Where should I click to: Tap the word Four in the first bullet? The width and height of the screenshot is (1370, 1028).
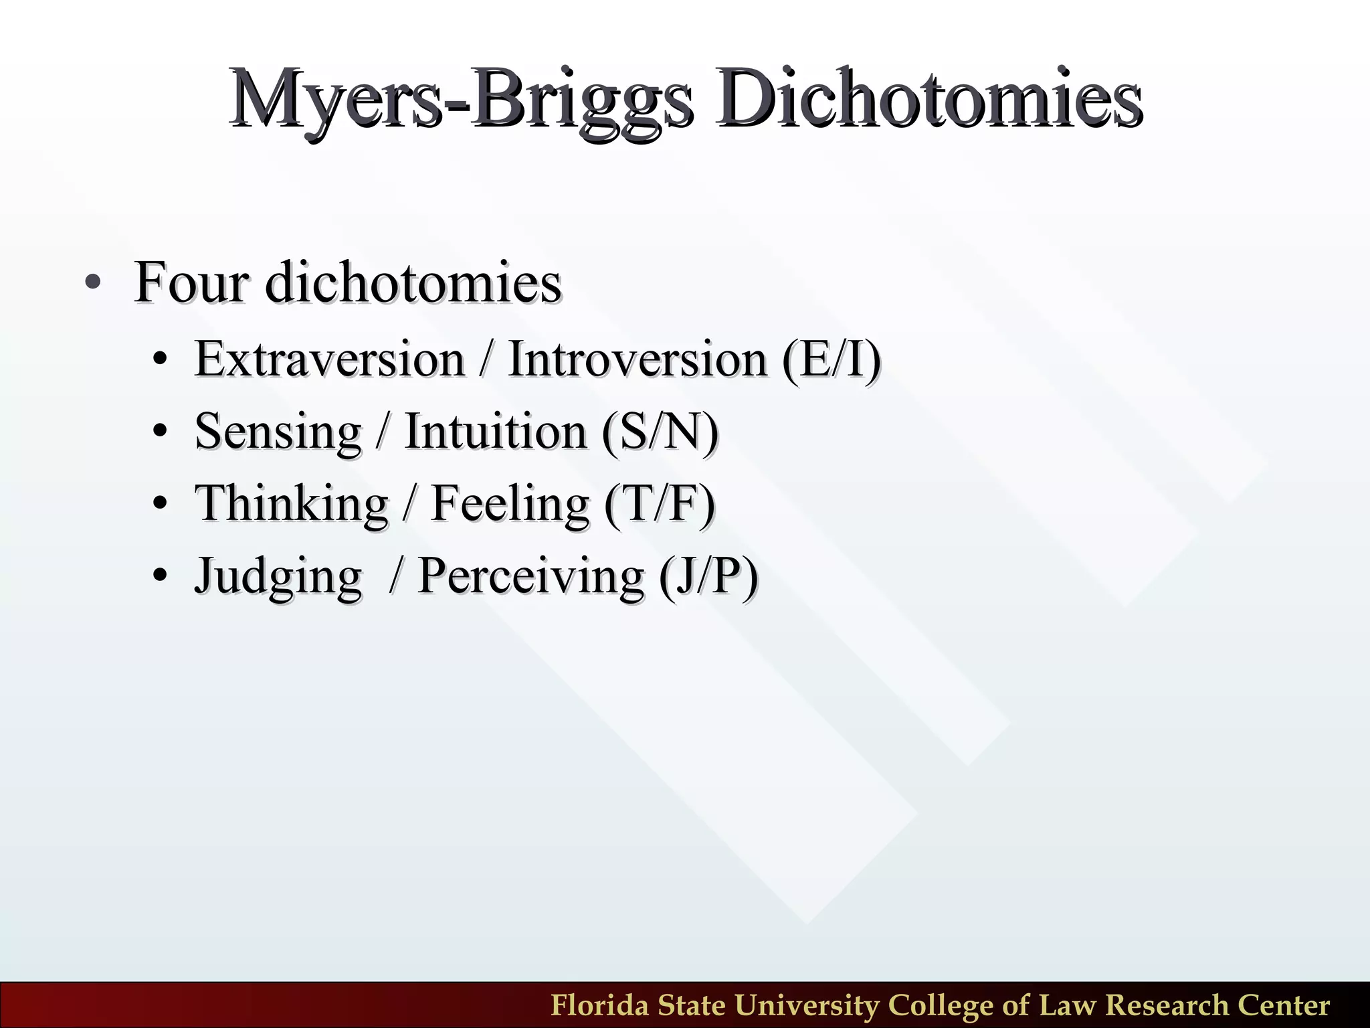tap(191, 283)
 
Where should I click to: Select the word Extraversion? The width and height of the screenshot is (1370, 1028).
tap(329, 360)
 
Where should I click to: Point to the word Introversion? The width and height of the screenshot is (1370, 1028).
tap(638, 360)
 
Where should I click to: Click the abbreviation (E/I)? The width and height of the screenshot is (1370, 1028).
tap(831, 360)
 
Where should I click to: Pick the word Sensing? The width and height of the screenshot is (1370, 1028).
tap(278, 432)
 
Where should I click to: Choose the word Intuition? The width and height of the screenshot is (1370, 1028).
tap(496, 432)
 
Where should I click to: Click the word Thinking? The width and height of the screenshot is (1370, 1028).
tap(292, 504)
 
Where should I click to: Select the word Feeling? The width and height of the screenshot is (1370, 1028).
tap(510, 504)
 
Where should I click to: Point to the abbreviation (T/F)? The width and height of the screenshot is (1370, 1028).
tap(660, 504)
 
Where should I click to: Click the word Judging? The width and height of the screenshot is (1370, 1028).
tap(278, 576)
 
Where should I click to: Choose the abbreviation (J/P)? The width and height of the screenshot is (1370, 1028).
tap(708, 576)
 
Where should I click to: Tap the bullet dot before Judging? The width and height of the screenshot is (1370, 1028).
tap(159, 576)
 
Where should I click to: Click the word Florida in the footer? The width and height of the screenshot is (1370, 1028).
tap(599, 1006)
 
